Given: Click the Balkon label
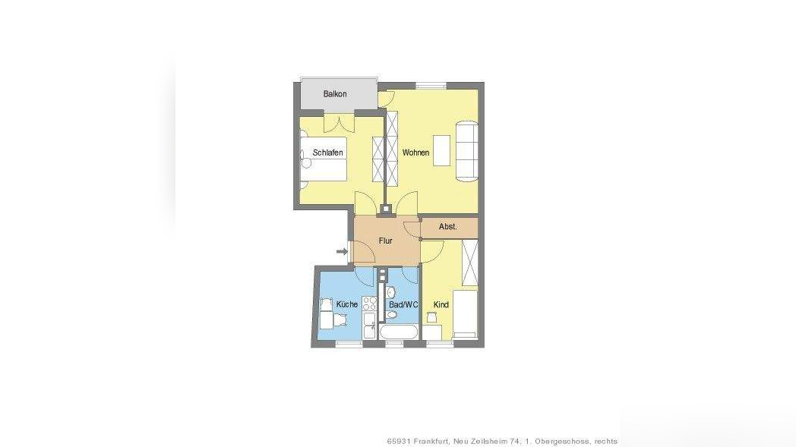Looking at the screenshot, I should point(335,94).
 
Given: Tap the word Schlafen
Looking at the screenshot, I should point(327,153).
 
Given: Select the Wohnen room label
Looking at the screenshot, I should point(415,153).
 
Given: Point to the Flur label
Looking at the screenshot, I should point(385,241).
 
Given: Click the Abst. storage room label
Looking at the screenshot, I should point(448,226).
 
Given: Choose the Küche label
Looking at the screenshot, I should point(346,304).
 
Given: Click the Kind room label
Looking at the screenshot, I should point(441,304).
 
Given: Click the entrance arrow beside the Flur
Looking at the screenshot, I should point(342,251).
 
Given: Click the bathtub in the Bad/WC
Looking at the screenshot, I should point(398,333).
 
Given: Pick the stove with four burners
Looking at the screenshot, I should point(370,303).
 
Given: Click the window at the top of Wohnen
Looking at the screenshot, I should point(431,84).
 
